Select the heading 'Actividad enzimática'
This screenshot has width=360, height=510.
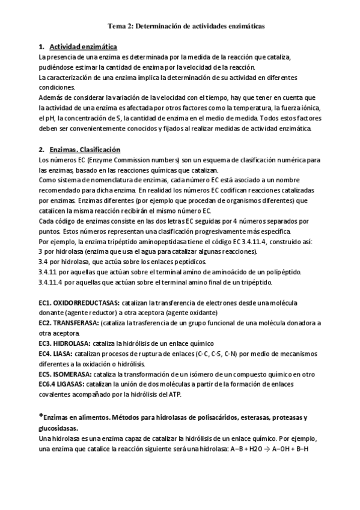83,47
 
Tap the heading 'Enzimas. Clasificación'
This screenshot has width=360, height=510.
85,149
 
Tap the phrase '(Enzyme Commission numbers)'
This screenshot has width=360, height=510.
121,159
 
